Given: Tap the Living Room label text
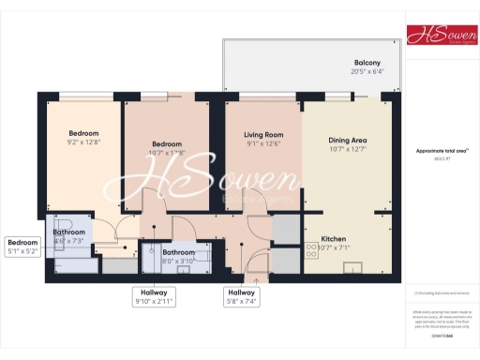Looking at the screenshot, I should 262,134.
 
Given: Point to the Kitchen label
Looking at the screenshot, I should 334,239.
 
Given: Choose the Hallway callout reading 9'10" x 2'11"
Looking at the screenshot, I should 151,297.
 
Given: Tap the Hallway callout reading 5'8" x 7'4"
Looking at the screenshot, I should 241,297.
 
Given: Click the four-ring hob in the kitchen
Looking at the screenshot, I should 311,250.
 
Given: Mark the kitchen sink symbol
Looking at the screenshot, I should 353,270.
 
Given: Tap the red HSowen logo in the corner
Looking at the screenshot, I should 441,35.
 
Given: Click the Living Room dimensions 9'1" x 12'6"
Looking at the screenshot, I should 262,143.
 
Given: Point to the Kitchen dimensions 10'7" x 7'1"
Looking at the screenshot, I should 334,248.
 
